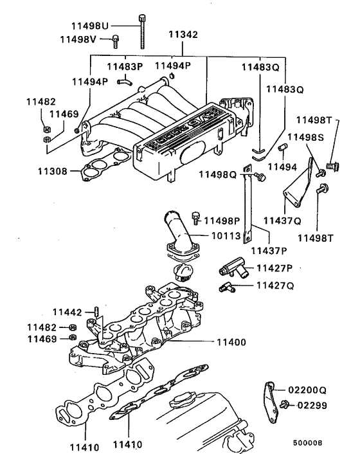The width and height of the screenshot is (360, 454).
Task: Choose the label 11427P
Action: click(274, 268)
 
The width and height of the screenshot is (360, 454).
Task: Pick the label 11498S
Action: click(305, 137)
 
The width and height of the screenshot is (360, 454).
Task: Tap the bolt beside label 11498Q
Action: click(260, 175)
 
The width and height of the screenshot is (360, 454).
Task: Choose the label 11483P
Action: click(125, 66)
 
